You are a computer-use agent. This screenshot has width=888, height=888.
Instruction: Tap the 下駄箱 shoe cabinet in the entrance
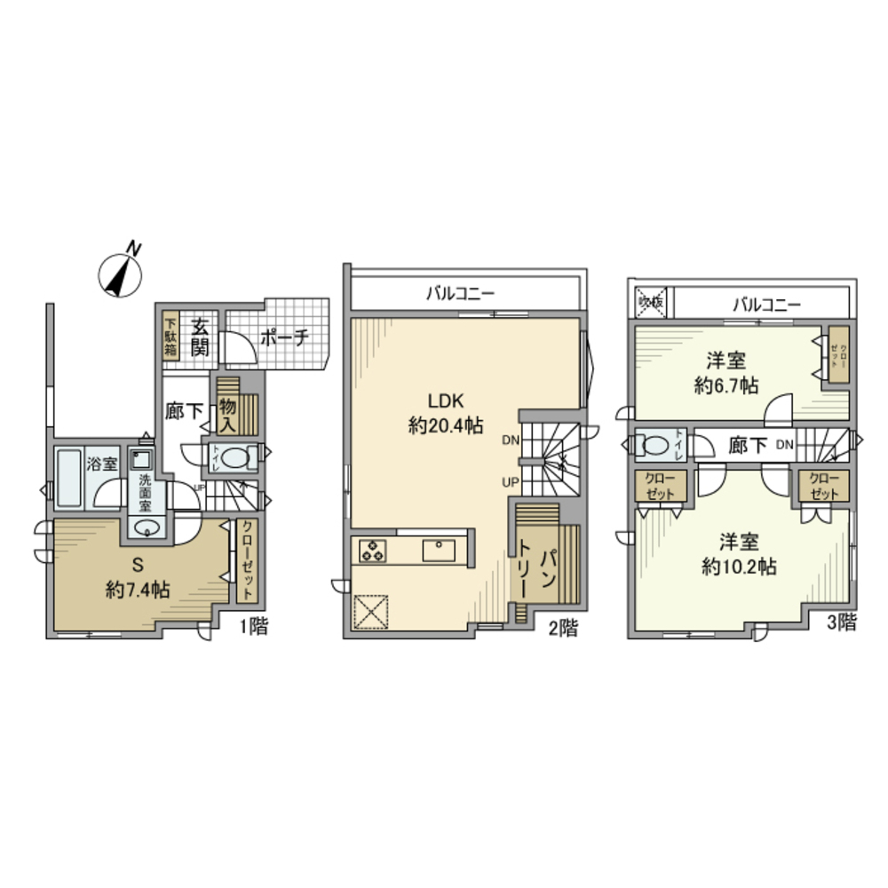click(170, 333)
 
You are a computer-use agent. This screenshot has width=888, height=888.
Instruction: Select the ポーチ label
click(284, 337)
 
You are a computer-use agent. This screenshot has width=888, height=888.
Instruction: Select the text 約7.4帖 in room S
click(138, 589)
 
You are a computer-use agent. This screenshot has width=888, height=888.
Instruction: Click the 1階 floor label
click(254, 627)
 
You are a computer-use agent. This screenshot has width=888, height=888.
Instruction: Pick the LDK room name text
click(446, 400)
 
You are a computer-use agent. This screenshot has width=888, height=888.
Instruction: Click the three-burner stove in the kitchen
click(373, 551)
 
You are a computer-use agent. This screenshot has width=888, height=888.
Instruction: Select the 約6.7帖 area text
click(725, 387)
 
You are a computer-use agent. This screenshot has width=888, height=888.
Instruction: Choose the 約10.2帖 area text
click(739, 567)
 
